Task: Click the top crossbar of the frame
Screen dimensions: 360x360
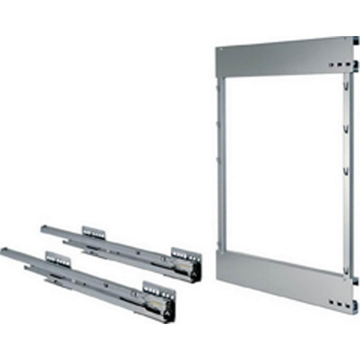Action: click(281, 58)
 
